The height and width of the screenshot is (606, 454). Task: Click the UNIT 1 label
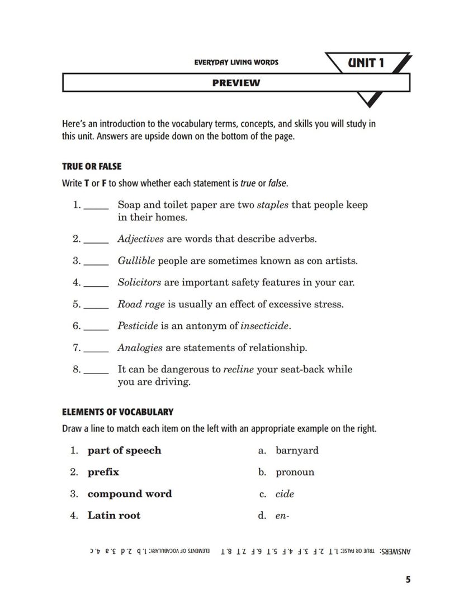pyautogui.click(x=366, y=62)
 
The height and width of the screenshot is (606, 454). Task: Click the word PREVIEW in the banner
pyautogui.click(x=236, y=83)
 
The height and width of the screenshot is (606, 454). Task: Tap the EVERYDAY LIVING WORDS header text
pyautogui.click(x=236, y=62)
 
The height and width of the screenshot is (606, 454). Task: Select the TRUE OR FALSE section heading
pyautogui.click(x=91, y=166)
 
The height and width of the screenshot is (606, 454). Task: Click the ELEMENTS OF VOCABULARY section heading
pyautogui.click(x=117, y=412)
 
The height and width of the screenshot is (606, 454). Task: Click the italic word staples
pyautogui.click(x=272, y=205)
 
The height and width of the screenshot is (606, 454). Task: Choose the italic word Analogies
pyautogui.click(x=140, y=348)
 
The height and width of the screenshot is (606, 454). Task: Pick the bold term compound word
pyautogui.click(x=130, y=494)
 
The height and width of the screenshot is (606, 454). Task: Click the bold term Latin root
pyautogui.click(x=114, y=515)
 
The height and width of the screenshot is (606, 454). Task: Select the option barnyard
pyautogui.click(x=297, y=450)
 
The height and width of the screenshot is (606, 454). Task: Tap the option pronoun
pyautogui.click(x=295, y=472)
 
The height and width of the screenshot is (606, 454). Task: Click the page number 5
pyautogui.click(x=408, y=580)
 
